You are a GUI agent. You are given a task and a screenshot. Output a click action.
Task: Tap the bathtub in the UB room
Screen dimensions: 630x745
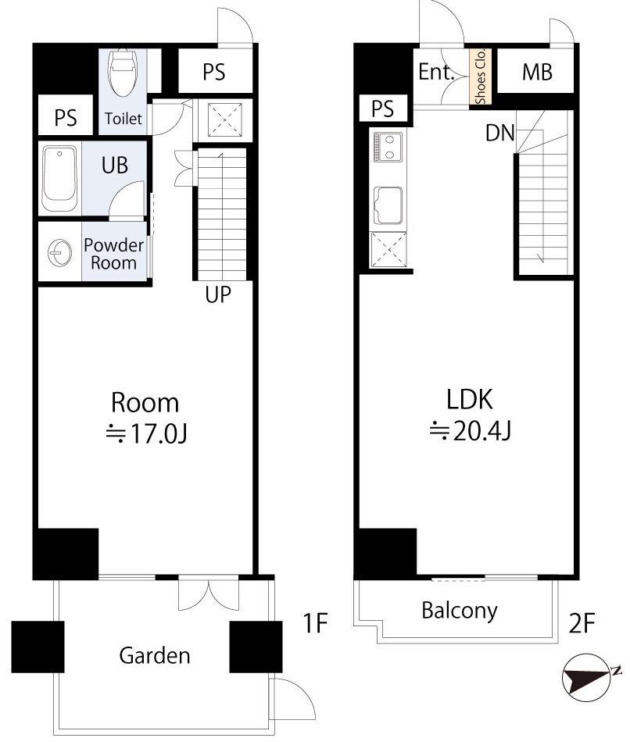coord(59,179)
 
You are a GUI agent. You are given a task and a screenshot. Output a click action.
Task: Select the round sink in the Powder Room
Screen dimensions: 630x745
coord(60,251)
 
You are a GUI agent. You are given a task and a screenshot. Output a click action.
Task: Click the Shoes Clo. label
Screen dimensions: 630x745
coord(480,76)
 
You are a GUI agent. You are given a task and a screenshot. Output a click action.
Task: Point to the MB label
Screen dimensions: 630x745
coord(537,72)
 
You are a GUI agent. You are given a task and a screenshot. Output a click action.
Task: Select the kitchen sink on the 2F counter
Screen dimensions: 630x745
coord(388,205)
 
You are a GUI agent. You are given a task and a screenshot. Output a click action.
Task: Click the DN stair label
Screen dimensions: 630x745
coord(500,133)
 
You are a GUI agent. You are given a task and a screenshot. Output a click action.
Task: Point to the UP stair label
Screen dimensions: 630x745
coord(218,294)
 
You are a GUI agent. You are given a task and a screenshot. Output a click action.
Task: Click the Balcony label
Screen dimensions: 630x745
coord(460,611)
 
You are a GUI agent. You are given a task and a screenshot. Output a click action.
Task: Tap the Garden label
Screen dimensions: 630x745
coord(155,656)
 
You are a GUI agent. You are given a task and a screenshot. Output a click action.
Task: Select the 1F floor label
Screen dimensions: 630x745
coord(315,623)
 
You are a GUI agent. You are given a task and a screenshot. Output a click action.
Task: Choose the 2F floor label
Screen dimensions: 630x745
coord(581,623)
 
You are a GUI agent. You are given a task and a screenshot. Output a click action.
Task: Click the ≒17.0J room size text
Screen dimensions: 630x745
coord(146,433)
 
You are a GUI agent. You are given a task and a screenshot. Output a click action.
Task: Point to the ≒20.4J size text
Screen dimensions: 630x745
coord(471,431)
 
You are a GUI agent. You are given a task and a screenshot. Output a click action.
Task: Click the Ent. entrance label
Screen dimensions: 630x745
coord(436,72)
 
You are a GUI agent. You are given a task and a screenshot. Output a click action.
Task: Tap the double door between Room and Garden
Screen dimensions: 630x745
coord(209,593)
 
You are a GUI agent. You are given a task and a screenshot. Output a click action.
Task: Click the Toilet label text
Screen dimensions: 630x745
coord(123,118)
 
